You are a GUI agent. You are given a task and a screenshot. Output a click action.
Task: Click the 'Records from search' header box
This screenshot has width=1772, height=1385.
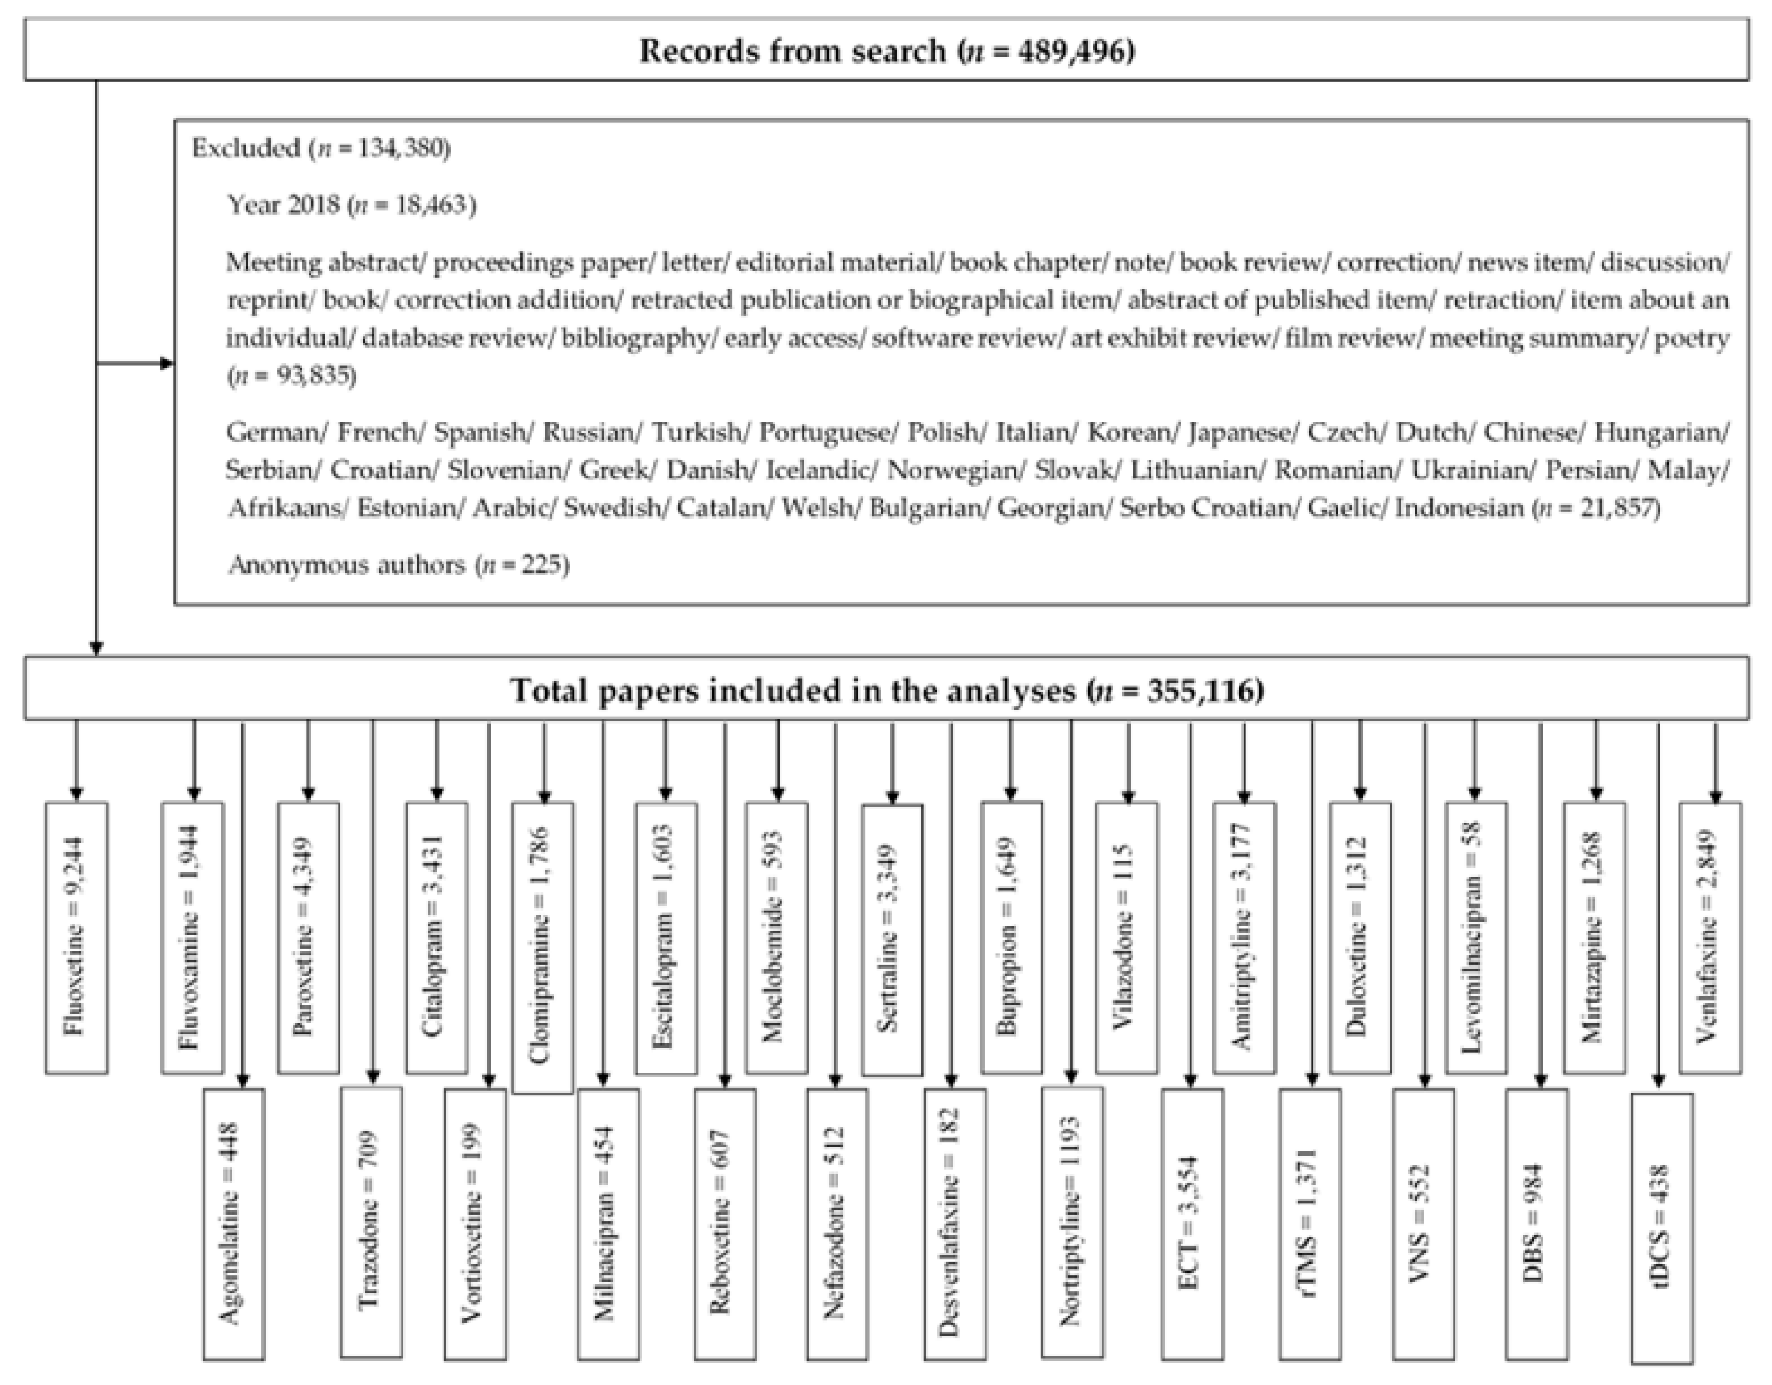[886, 51]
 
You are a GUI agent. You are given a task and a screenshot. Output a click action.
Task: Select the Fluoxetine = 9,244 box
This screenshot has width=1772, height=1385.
[76, 937]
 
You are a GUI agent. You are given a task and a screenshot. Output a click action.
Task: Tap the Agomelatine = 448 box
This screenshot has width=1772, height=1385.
[234, 1223]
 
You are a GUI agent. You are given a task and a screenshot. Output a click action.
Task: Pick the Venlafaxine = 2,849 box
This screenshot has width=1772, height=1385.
[1710, 937]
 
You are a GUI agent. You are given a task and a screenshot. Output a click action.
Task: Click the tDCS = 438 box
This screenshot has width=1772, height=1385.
[1661, 1227]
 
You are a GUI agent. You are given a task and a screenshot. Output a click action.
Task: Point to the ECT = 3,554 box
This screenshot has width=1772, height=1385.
[1192, 1223]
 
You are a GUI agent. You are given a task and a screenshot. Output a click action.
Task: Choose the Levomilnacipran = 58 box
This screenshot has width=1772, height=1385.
[1476, 937]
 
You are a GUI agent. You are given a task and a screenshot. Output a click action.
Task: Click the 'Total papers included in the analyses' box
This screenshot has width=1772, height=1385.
[886, 690]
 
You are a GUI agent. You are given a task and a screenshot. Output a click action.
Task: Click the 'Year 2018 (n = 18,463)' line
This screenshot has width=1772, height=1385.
[351, 204]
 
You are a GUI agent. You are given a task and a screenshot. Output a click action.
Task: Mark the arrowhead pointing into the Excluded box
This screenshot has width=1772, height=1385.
[168, 363]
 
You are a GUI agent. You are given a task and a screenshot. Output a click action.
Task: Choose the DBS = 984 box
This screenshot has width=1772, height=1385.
[1537, 1223]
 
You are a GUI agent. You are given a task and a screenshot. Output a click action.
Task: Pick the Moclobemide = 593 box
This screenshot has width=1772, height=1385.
[777, 937]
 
